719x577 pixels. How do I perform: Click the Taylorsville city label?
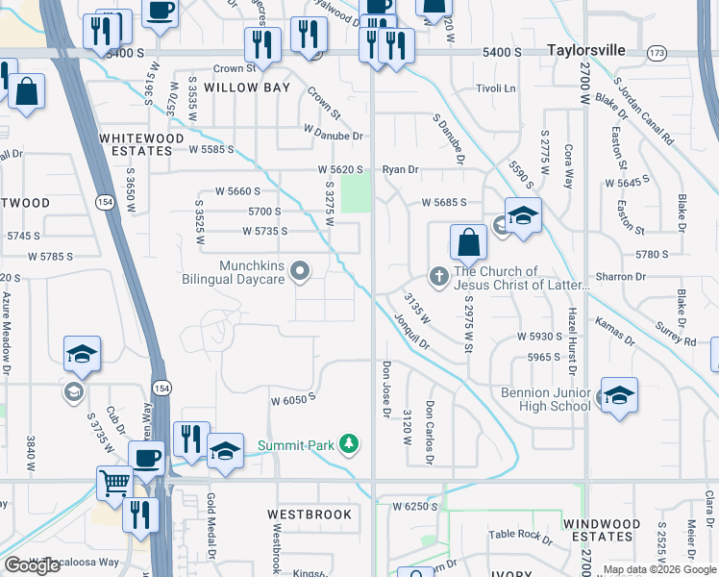[x=586, y=50]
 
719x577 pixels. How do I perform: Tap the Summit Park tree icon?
[x=352, y=444]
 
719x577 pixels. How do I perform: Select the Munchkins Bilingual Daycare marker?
[x=301, y=272]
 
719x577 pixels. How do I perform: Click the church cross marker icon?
[x=438, y=278]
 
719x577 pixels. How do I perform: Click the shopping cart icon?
[x=114, y=481]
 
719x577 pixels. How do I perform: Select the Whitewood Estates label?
[x=141, y=145]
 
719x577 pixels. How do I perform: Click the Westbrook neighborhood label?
[x=310, y=514]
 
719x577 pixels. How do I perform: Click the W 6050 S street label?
[x=293, y=399]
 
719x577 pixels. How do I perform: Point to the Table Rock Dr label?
[x=518, y=535]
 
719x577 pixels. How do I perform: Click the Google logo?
[x=32, y=565]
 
